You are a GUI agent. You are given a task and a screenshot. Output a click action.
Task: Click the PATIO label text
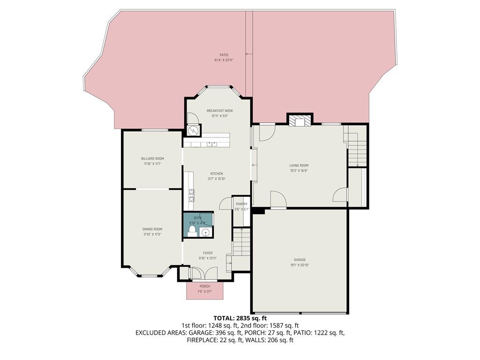click(x=224, y=55)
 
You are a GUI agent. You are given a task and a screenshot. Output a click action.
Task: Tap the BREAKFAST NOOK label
click(x=219, y=111)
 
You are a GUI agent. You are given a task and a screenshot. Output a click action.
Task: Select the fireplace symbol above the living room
click(x=299, y=121)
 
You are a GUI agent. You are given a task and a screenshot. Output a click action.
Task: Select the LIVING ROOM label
click(x=299, y=165)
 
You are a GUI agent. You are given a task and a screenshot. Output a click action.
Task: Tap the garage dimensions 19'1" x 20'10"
click(x=300, y=265)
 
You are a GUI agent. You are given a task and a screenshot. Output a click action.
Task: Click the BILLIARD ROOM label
click(x=152, y=158)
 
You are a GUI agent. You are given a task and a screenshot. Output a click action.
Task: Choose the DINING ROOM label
click(x=152, y=229)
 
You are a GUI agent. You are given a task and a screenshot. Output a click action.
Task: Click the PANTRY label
click(x=241, y=204)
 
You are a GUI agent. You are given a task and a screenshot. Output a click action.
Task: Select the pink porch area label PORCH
click(x=205, y=286)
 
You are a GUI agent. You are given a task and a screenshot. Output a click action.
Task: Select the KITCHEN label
click(x=216, y=173)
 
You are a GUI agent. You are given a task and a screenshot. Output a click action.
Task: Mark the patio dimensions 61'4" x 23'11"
click(x=224, y=60)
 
